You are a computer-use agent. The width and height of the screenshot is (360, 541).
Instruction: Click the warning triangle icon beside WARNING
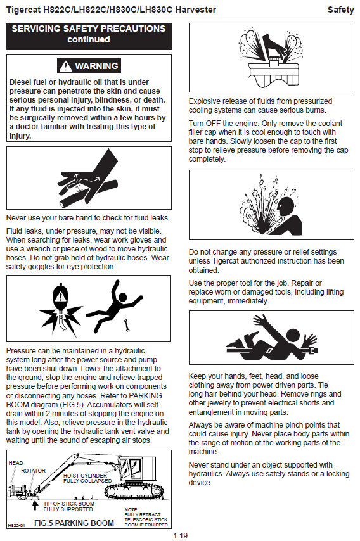(x=65, y=66)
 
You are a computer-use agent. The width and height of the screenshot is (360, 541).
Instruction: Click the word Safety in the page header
(x=341, y=10)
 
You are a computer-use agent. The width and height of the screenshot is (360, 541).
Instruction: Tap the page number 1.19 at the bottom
(x=180, y=535)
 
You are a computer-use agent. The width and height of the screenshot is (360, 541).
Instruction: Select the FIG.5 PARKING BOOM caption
(x=74, y=523)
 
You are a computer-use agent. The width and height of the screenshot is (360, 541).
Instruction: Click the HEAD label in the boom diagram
(x=16, y=462)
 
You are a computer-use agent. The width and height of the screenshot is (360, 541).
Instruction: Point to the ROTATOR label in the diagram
(x=33, y=471)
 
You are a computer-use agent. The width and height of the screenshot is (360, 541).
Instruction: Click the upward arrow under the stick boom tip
(x=35, y=506)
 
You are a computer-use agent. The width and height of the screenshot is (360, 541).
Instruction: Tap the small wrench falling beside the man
(x=127, y=325)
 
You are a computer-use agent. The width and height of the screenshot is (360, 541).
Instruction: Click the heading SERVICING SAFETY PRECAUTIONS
(x=89, y=29)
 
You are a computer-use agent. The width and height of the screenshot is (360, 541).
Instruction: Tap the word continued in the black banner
(x=89, y=39)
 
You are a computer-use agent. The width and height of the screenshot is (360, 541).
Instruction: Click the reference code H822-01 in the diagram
(x=16, y=525)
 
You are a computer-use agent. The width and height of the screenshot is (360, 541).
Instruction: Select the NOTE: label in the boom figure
(x=131, y=509)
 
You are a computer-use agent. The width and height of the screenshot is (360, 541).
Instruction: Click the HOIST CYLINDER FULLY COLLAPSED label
(x=87, y=478)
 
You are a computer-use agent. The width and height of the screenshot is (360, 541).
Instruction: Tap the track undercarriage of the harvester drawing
(x=134, y=492)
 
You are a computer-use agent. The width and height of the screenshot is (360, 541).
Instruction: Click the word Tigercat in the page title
(x=23, y=10)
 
